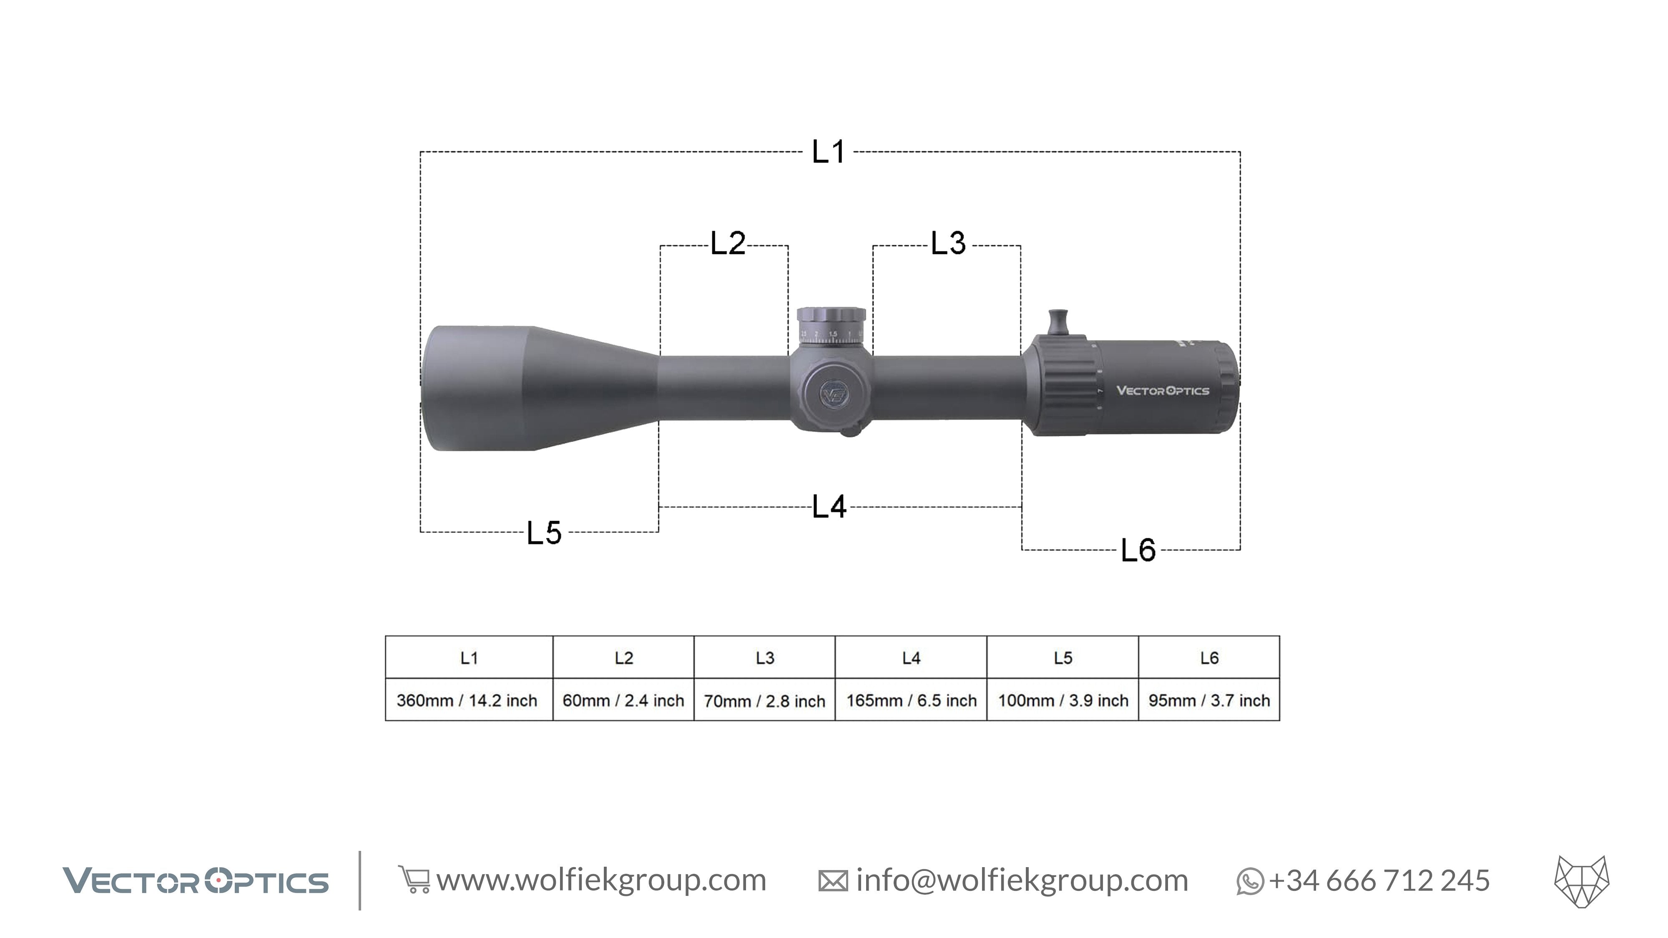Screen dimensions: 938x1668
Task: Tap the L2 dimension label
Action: pos(728,244)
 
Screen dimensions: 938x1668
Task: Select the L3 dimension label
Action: pos(948,243)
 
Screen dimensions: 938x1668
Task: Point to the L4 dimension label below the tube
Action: pos(829,507)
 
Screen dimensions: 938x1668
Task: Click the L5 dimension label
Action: pos(544,534)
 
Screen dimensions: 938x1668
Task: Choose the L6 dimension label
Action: pos(1138,551)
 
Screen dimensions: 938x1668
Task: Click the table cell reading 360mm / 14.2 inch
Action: pos(467,700)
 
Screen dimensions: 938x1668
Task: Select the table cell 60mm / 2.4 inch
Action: pos(623,700)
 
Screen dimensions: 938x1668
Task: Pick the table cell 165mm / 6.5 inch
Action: pos(911,700)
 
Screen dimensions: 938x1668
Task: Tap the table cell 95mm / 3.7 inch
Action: pos(1209,700)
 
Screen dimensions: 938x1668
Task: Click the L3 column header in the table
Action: pos(765,658)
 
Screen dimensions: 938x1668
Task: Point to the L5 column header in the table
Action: pos(1063,658)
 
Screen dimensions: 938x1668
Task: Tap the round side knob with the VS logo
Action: pos(833,394)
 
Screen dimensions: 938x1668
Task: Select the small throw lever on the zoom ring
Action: pos(1058,322)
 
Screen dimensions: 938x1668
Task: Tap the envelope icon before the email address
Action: pos(833,881)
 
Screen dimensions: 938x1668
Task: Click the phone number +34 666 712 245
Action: pos(1379,880)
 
